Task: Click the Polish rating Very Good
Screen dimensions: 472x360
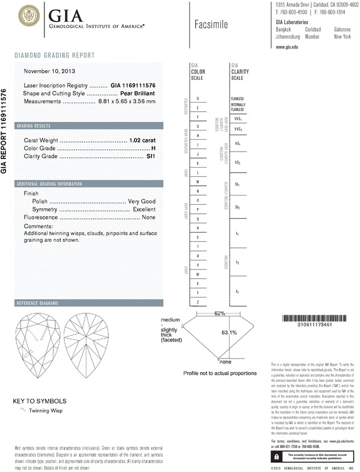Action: point(141,202)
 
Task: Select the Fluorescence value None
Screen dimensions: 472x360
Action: point(149,218)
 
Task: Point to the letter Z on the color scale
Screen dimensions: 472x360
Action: point(197,301)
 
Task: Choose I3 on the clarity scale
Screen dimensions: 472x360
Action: point(238,291)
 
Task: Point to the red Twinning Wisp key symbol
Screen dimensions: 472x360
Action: point(23,410)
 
